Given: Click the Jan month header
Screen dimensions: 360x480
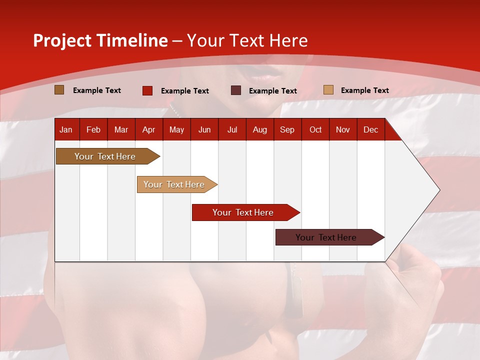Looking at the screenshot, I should [66, 129].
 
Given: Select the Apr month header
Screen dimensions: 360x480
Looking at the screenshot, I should [148, 129].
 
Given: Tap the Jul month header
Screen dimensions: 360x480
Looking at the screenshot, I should [232, 129].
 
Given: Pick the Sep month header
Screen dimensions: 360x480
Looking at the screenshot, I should [287, 129].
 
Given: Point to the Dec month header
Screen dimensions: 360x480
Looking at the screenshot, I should [370, 129].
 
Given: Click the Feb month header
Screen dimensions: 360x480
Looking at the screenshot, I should [93, 129].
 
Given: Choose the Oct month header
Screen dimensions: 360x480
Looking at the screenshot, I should [315, 129].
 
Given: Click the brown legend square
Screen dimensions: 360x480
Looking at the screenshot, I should [59, 90].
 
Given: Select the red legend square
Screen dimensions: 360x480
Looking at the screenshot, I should [147, 90].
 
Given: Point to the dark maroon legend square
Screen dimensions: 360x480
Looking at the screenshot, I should [236, 90].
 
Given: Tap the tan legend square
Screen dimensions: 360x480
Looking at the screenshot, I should [328, 90].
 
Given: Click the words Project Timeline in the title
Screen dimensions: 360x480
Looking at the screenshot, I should [100, 40].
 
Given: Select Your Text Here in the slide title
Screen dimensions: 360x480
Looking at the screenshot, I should [247, 40].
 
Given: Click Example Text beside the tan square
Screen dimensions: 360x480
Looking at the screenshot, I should [364, 90].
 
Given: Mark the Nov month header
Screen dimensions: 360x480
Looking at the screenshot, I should [343, 129].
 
